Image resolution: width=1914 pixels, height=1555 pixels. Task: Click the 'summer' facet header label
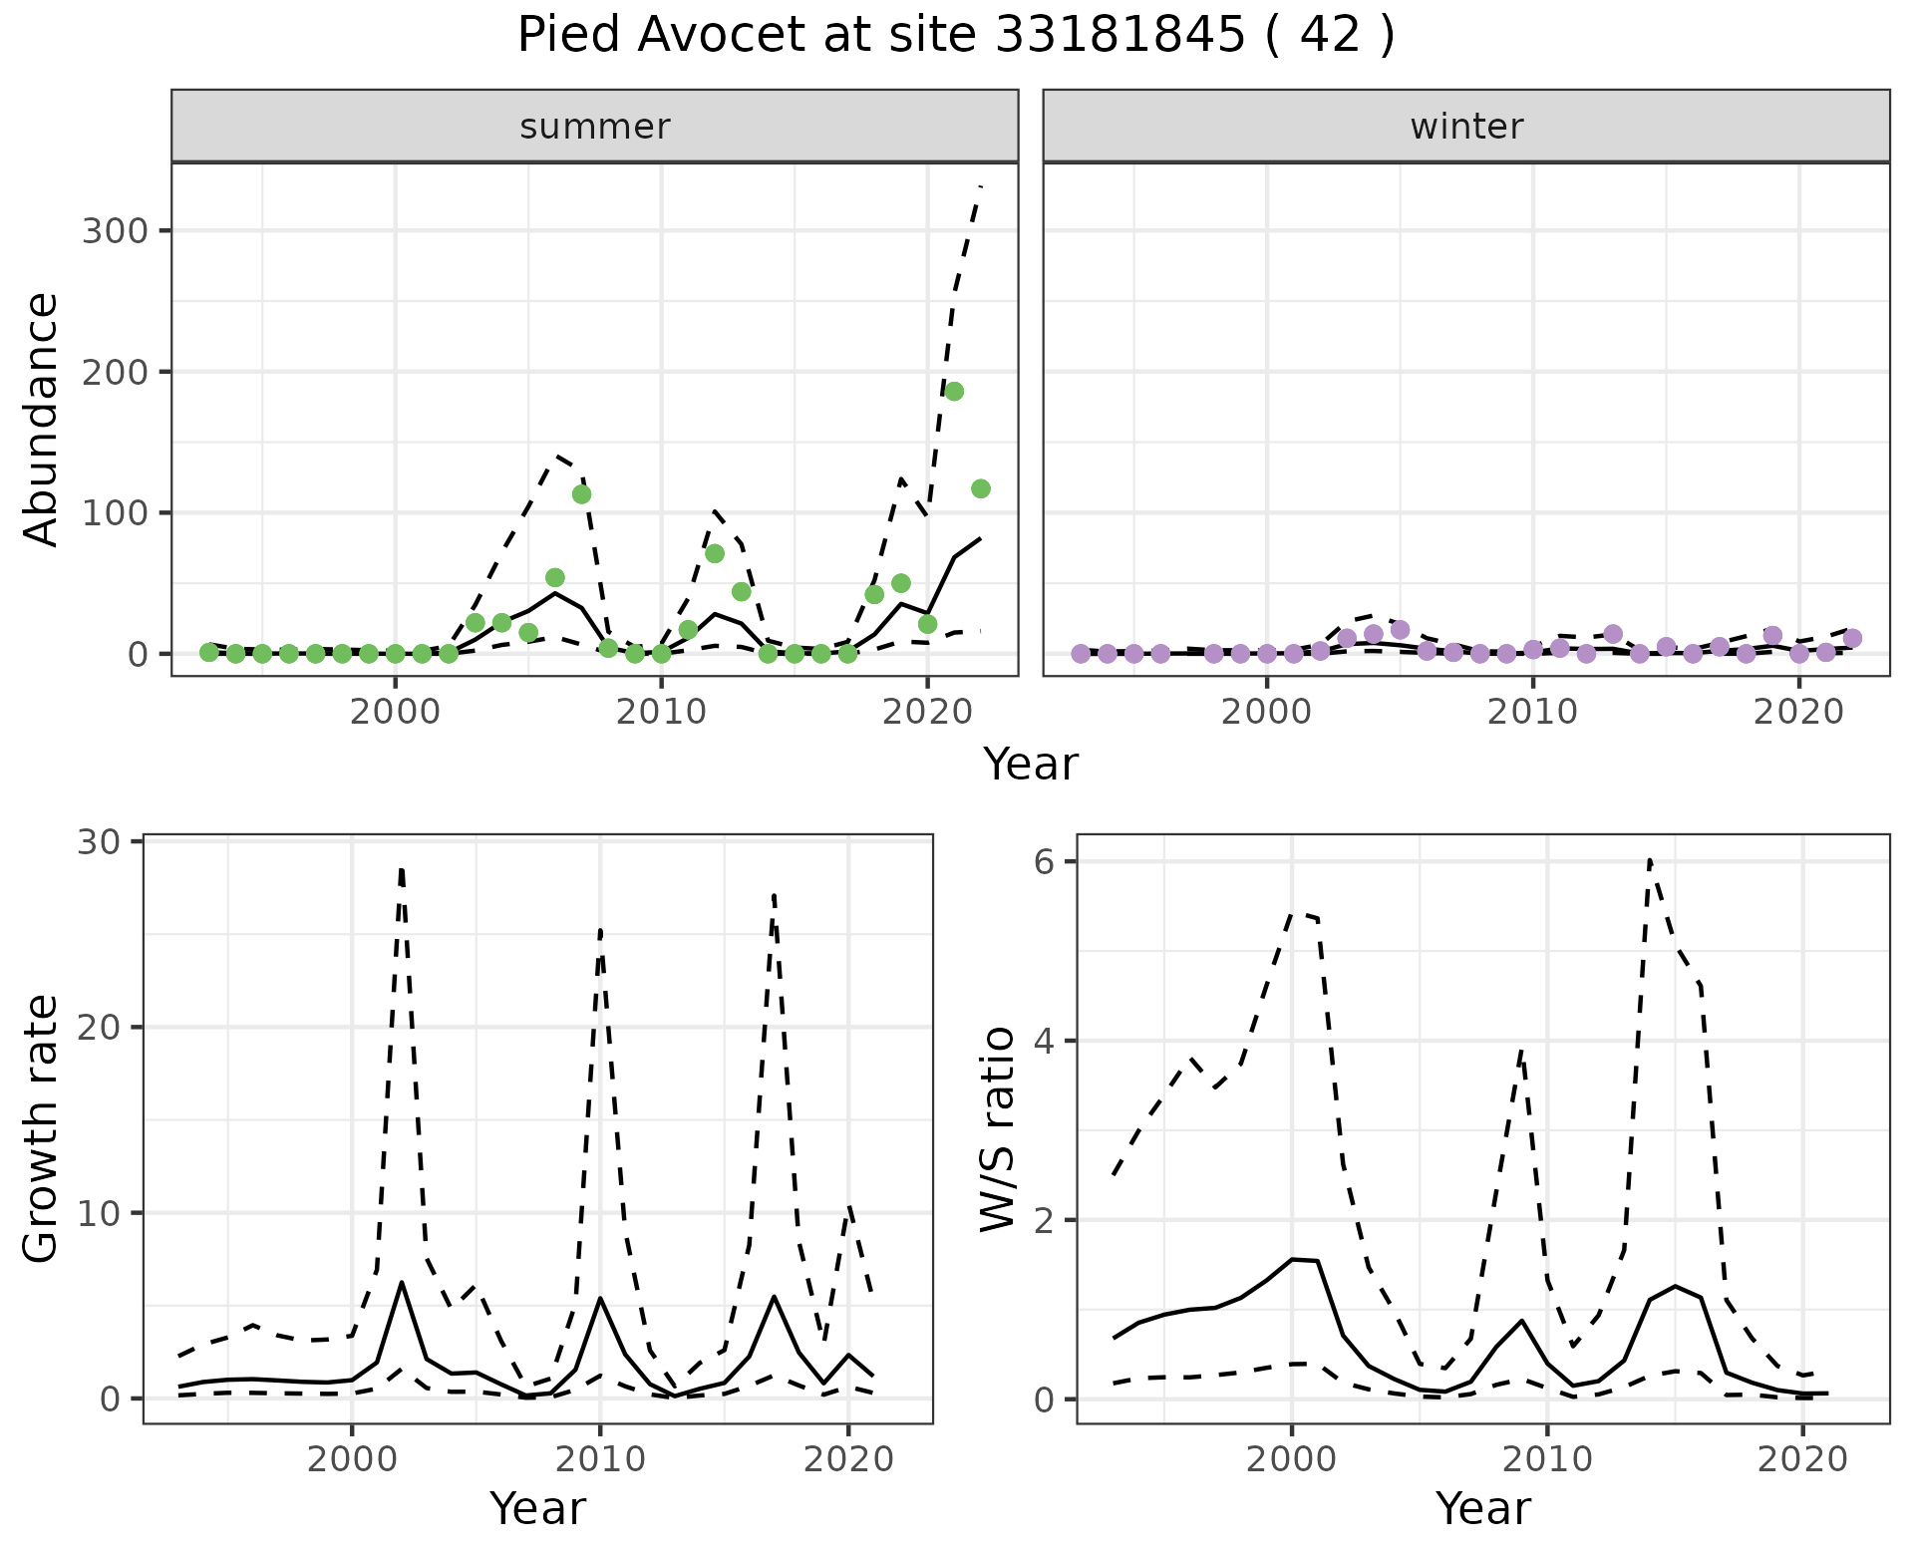(594, 127)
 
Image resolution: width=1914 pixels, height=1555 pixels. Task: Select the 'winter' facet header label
(1465, 127)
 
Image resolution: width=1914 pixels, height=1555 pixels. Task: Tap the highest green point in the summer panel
(954, 392)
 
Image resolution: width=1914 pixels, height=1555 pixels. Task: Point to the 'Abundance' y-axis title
(42, 419)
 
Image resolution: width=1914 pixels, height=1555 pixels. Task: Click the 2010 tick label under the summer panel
(661, 713)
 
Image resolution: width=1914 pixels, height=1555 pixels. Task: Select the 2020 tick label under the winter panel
(1798, 713)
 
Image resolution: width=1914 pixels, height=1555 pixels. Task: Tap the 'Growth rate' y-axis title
(42, 1129)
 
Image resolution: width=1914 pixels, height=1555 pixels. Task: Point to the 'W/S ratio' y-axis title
(997, 1129)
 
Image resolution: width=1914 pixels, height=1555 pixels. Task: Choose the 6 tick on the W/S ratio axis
(1044, 861)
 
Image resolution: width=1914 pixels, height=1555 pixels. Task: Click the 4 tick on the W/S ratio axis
(1044, 1041)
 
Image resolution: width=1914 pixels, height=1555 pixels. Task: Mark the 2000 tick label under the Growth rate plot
(351, 1460)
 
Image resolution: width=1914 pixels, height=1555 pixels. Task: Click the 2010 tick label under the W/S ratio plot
(1547, 1460)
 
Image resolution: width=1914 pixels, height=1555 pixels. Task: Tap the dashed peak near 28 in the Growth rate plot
(401, 869)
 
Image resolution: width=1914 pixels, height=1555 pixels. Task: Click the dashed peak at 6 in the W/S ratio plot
(1650, 859)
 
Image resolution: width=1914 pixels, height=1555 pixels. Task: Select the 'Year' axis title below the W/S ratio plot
(1482, 1509)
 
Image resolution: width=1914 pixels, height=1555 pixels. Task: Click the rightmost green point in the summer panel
(980, 488)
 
